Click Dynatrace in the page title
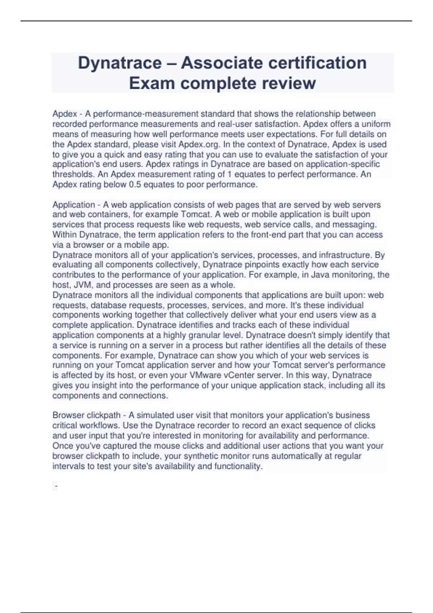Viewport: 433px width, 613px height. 120,63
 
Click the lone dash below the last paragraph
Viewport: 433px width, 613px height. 56,486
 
